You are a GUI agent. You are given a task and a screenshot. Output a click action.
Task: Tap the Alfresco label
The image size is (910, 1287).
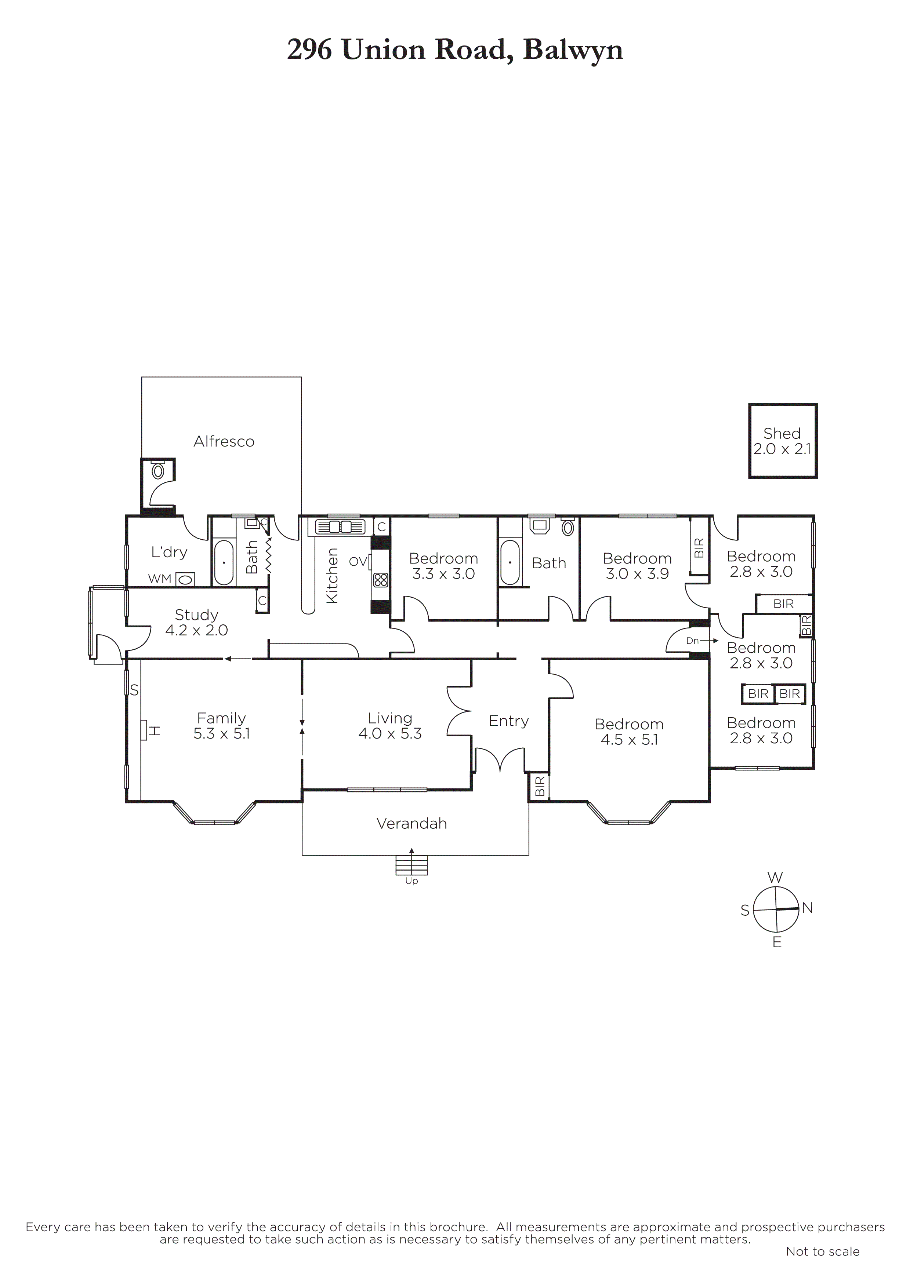point(224,442)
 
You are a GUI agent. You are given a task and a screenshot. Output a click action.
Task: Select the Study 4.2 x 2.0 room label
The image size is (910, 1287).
point(196,623)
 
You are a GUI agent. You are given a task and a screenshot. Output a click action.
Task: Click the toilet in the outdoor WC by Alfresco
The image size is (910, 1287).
point(158,470)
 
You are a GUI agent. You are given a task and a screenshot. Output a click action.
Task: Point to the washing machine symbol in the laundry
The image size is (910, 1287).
point(185,579)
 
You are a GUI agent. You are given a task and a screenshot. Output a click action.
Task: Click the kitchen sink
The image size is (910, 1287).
point(340,527)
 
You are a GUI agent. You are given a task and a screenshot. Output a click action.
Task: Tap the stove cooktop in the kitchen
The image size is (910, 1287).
point(380,580)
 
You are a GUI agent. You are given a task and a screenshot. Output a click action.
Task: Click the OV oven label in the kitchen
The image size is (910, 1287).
point(358,561)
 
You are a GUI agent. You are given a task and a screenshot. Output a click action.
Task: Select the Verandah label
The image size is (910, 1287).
point(412,823)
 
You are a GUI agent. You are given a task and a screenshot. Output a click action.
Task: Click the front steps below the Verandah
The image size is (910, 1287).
point(412,865)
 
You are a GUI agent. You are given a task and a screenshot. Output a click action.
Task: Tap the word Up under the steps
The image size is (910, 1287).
point(412,881)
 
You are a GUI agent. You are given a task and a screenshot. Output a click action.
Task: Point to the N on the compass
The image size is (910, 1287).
point(807,908)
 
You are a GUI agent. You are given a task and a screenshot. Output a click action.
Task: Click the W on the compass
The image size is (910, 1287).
point(775,877)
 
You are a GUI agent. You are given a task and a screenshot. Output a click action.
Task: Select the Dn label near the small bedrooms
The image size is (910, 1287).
point(692,641)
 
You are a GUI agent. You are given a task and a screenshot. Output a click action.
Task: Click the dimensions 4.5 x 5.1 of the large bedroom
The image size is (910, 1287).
point(629,740)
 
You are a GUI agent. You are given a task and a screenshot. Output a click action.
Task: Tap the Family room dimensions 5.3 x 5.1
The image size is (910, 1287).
point(221,734)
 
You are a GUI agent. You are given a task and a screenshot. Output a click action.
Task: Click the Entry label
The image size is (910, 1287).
point(508,721)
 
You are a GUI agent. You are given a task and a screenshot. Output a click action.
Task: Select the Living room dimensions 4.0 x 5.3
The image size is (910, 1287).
point(390,734)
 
